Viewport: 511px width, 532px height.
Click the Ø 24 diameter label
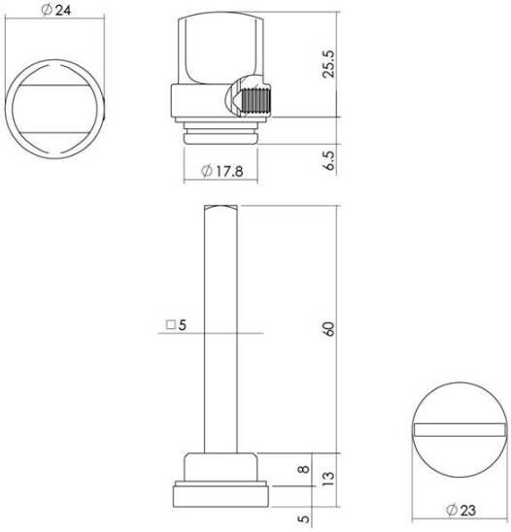(x=56, y=10)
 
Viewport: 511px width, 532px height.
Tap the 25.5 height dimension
(x=328, y=64)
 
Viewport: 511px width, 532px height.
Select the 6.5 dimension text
(x=328, y=160)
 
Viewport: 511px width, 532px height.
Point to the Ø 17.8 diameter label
(x=222, y=171)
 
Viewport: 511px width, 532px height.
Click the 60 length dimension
(x=328, y=329)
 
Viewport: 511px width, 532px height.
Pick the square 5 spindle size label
(x=176, y=325)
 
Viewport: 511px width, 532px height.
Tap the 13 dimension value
(x=328, y=479)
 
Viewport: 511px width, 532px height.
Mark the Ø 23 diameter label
(x=461, y=510)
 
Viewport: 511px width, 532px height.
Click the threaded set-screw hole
(x=255, y=101)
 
